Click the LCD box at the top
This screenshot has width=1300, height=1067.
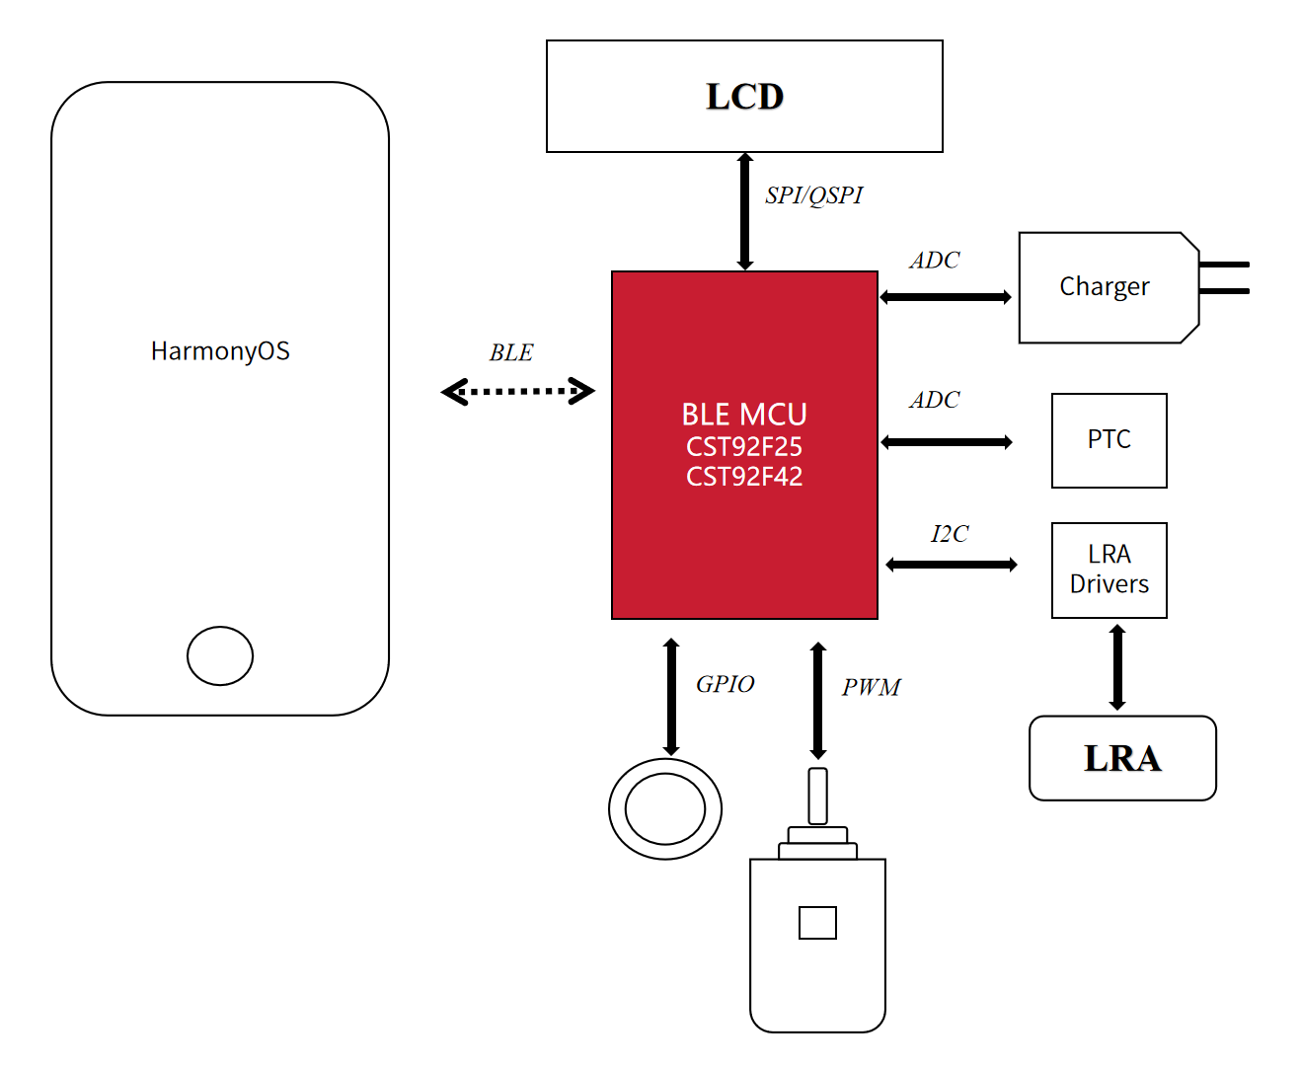[x=744, y=97]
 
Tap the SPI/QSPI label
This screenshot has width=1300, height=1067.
[x=813, y=195]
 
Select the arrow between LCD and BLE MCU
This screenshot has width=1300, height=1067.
[x=745, y=211]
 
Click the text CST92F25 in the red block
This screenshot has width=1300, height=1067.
[x=744, y=446]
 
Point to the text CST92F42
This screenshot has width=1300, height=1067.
[x=744, y=477]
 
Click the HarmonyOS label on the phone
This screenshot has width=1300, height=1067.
[x=220, y=351]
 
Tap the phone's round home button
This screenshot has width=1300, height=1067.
[x=220, y=655]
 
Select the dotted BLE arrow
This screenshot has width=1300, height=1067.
[x=517, y=392]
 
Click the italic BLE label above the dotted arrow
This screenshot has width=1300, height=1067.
[x=510, y=353]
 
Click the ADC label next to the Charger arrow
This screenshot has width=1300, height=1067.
[x=934, y=261]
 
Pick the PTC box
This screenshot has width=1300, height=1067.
[x=1109, y=440]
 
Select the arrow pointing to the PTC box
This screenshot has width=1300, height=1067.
[x=947, y=442]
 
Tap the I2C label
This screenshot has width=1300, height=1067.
[x=949, y=534]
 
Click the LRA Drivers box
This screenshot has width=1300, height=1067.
[x=1109, y=570]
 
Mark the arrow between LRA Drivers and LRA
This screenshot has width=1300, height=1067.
[x=1117, y=667]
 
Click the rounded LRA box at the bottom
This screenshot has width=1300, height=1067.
[x=1122, y=758]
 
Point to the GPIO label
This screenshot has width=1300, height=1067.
[x=725, y=684]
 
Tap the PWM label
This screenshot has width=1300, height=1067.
[x=871, y=687]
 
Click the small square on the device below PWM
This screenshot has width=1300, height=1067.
[x=817, y=923]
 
